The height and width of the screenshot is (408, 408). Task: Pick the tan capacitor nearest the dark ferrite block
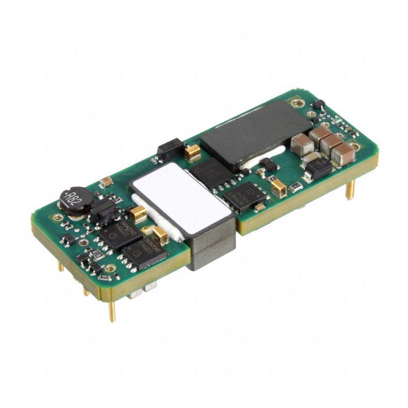[x=303, y=145]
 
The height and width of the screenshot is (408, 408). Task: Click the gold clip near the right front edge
[x=279, y=188]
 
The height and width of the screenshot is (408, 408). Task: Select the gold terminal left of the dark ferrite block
[x=193, y=153]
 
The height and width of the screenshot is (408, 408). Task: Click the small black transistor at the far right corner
[x=318, y=105]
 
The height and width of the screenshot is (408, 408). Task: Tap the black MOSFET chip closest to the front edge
[x=144, y=255]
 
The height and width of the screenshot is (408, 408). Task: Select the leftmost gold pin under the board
[x=61, y=266]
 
